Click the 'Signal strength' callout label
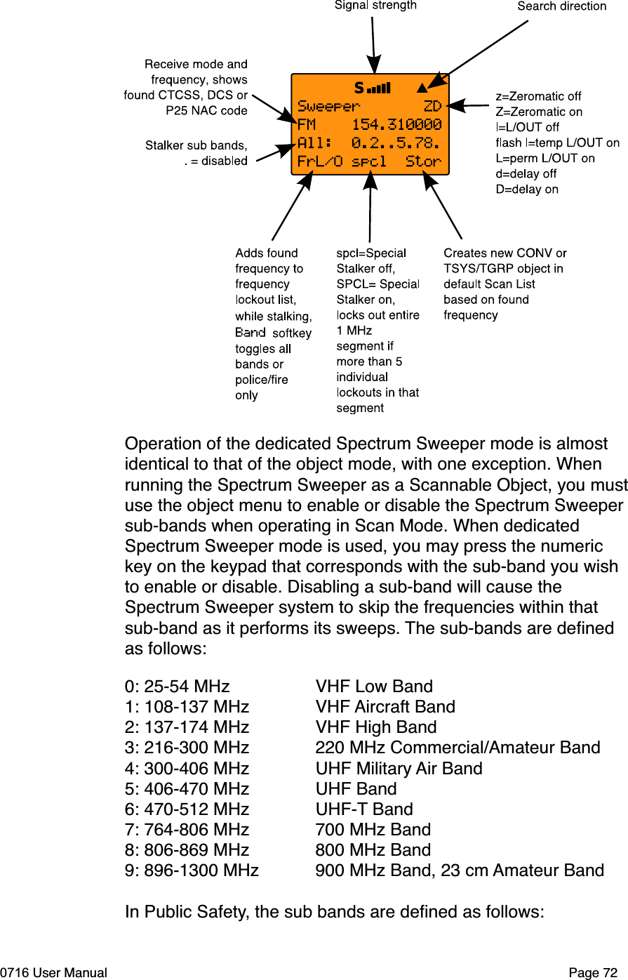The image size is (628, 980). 375,6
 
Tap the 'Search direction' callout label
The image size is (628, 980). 561,6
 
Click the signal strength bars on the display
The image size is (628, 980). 378,88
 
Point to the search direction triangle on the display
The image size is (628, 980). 421,88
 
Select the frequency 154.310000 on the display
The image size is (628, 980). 396,125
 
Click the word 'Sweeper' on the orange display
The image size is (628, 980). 328,107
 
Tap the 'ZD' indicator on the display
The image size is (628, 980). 432,107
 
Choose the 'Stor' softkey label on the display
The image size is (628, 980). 423,161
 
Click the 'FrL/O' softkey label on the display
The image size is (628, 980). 320,161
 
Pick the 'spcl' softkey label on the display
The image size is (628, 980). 369,161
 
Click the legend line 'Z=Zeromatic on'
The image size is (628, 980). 539,112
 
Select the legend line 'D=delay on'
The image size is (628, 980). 527,189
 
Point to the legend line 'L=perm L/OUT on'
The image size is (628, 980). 545,158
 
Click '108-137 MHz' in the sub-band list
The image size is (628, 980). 196,707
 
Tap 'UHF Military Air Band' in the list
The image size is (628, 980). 399,769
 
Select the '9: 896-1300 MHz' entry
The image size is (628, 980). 192,870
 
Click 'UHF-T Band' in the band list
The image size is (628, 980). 364,809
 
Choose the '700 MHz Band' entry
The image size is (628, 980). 373,830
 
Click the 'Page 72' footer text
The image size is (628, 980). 593,973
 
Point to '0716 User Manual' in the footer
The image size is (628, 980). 54,973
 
